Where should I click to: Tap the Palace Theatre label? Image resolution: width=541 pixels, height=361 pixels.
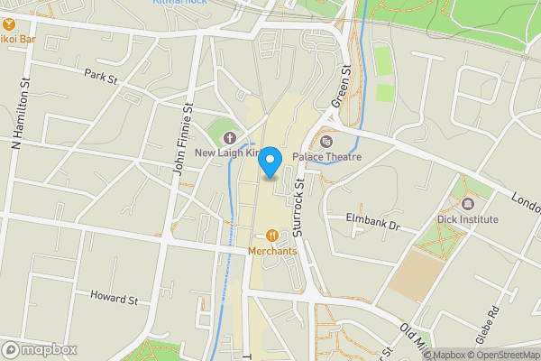point(338,157)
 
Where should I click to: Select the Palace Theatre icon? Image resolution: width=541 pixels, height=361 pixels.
point(326,141)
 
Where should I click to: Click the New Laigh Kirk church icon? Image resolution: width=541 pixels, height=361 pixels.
point(229,138)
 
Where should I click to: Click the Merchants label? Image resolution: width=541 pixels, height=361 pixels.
point(273,251)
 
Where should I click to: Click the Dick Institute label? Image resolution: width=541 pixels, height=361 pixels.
point(469,219)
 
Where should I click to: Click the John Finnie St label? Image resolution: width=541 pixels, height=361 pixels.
point(184,139)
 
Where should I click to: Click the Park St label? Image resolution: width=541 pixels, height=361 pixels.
point(101,79)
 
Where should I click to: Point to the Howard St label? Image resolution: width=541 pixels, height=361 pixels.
point(114,297)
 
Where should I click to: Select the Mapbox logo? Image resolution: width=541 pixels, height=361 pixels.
point(38,349)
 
